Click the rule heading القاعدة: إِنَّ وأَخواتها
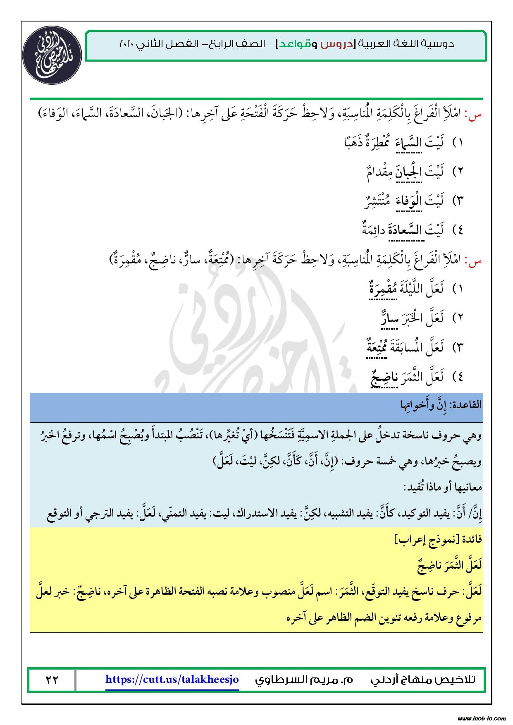pos(441,405)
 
